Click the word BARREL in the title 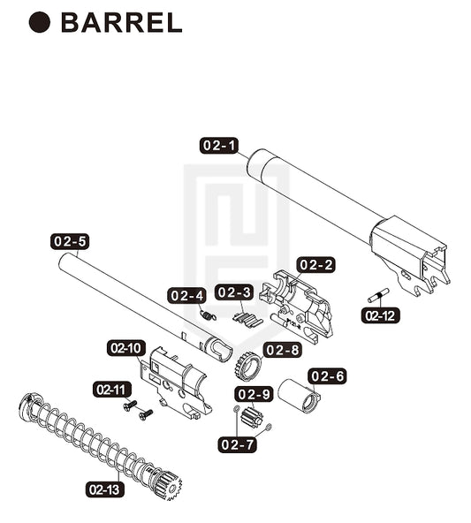pos(122,23)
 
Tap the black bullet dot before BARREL pos(40,22)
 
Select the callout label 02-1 pos(219,146)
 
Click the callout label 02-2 pos(315,265)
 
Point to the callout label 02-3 pos(234,292)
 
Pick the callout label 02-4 pos(186,296)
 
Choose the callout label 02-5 pos(70,241)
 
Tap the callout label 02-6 pos(327,376)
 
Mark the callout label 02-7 pos(237,444)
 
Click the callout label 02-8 pos(283,350)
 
